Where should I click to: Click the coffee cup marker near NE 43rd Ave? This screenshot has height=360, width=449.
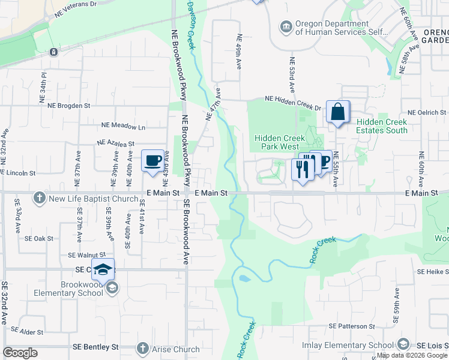pyautogui.click(x=152, y=161)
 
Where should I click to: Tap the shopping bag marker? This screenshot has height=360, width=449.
pyautogui.click(x=338, y=112)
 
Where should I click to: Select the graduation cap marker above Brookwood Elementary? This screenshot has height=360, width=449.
pyautogui.click(x=103, y=269)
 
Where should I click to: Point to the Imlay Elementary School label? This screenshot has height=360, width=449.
pyautogui.click(x=348, y=345)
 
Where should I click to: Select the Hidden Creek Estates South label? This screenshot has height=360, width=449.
pyautogui.click(x=382, y=126)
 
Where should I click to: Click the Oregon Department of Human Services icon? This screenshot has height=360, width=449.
pyautogui.click(x=286, y=26)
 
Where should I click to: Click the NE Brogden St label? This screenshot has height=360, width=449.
pyautogui.click(x=68, y=105)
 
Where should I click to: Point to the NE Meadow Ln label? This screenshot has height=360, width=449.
pyautogui.click(x=123, y=126)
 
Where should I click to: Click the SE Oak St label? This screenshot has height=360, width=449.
pyautogui.click(x=39, y=238)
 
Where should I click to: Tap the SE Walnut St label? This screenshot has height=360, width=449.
pyautogui.click(x=86, y=255)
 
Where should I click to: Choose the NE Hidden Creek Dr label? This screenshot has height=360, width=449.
pyautogui.click(x=294, y=104)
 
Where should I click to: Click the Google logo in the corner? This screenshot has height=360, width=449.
pyautogui.click(x=20, y=353)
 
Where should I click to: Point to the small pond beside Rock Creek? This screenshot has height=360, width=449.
pyautogui.click(x=244, y=278)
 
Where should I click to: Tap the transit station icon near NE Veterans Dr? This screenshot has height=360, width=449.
pyautogui.click(x=54, y=52)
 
